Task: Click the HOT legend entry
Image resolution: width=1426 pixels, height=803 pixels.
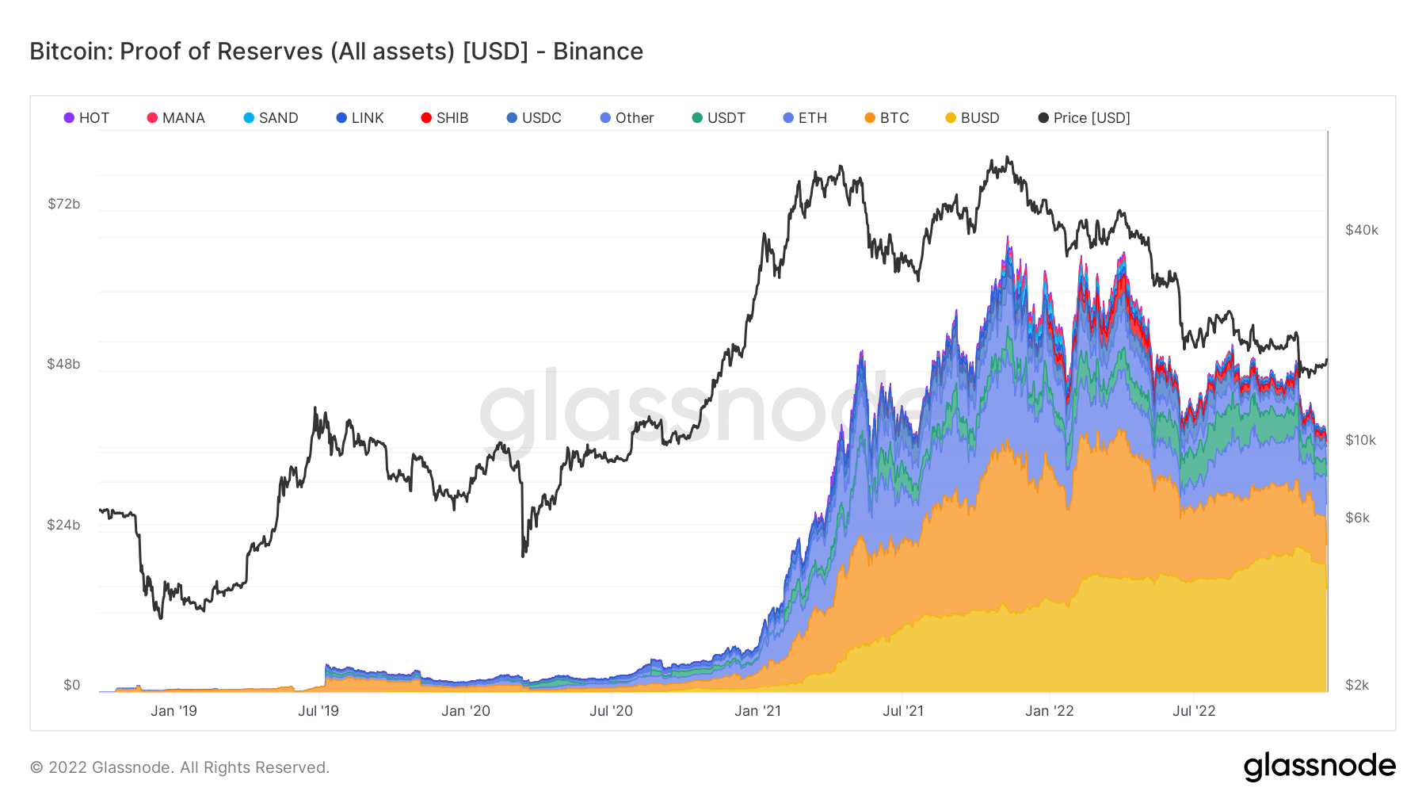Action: [86, 118]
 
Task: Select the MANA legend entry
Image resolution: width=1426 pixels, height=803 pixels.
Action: [176, 118]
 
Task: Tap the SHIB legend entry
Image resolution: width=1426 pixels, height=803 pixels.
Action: [444, 118]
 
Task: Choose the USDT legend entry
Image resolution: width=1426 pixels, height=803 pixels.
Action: [719, 118]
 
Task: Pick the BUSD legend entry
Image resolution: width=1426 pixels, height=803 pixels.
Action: [972, 118]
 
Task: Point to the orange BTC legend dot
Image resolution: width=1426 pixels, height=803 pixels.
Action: [870, 118]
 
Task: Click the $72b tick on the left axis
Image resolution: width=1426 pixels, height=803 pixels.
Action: [64, 204]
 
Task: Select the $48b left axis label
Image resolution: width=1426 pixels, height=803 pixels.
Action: [64, 364]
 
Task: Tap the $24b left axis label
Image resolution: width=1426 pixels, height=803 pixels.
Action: [64, 525]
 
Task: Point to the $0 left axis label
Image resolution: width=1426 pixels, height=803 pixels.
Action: [72, 685]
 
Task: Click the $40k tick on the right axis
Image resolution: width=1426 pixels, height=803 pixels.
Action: [1362, 230]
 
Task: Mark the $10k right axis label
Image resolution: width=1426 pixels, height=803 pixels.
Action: [1361, 440]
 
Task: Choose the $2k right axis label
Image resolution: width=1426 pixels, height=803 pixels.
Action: [1357, 685]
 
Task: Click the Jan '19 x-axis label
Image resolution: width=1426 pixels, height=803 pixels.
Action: [173, 711]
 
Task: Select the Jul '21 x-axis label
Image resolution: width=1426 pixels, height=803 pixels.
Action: [903, 711]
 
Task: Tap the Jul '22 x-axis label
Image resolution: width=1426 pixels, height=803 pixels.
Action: [1194, 711]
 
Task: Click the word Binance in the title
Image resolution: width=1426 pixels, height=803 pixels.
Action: [598, 52]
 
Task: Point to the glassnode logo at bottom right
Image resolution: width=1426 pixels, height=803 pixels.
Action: [1319, 767]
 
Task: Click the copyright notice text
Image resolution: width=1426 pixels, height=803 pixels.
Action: [180, 767]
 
